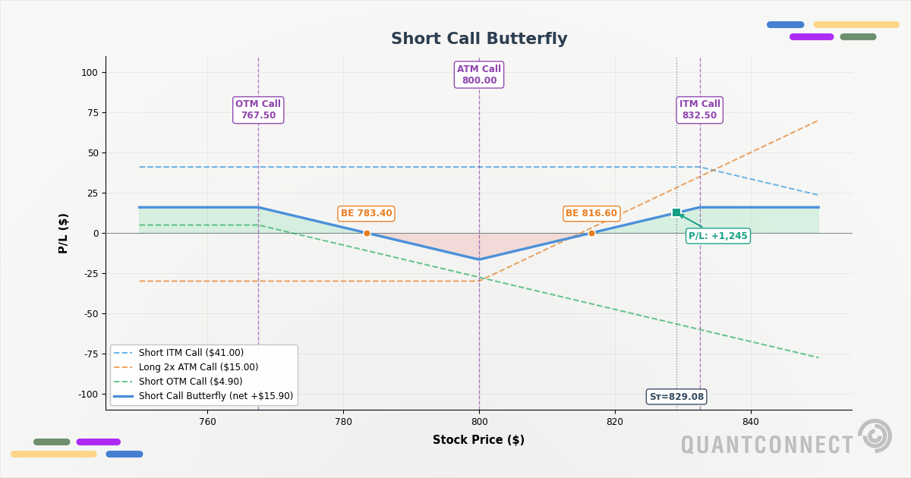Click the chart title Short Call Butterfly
(x=479, y=39)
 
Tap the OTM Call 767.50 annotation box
(x=258, y=110)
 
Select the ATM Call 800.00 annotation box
(x=479, y=75)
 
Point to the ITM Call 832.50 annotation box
(x=699, y=110)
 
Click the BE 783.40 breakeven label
(x=366, y=214)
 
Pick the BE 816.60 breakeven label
(x=591, y=214)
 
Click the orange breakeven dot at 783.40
(x=367, y=234)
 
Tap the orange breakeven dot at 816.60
(x=591, y=234)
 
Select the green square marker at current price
(x=676, y=212)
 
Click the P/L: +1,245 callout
(x=717, y=236)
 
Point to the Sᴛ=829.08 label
(x=676, y=397)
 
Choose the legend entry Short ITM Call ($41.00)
(x=191, y=353)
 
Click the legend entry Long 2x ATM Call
(x=198, y=367)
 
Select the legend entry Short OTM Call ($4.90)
(x=191, y=382)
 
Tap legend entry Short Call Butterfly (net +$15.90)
(x=216, y=396)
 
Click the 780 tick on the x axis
(x=343, y=422)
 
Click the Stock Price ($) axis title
(x=478, y=440)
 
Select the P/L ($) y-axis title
(x=64, y=233)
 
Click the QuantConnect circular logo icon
(x=875, y=436)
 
